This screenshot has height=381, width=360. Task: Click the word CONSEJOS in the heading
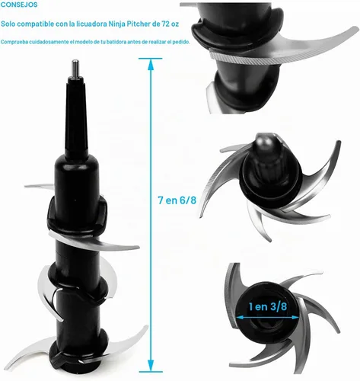pos(19,5)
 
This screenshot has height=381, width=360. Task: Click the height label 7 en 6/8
pos(177,200)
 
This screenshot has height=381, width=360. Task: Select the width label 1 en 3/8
pos(268,306)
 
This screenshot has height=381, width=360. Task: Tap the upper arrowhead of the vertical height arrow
pos(151,64)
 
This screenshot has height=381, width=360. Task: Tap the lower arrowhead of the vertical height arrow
pos(151,366)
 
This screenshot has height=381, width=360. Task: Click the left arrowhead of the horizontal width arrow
pos(240,317)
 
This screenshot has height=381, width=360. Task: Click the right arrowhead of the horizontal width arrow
pos(295,317)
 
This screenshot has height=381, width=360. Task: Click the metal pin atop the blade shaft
pos(75,68)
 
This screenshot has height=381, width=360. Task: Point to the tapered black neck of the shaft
pos(75,116)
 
